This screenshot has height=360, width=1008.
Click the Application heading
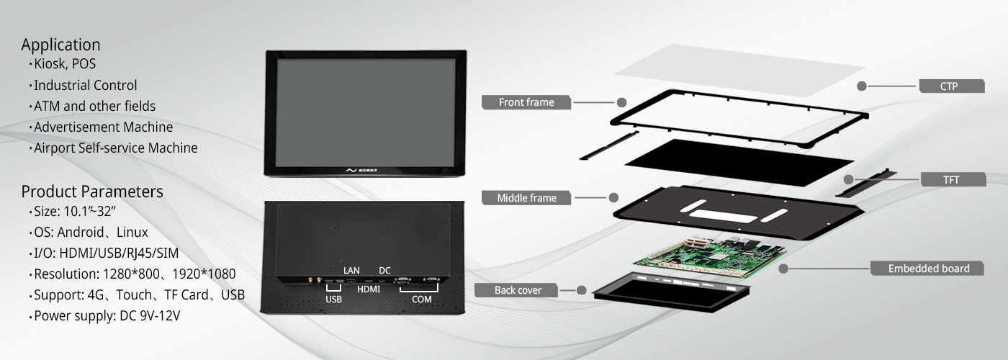pyautogui.click(x=60, y=45)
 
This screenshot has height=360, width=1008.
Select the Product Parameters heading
pyautogui.click(x=92, y=192)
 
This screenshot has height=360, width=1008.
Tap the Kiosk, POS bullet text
pyautogui.click(x=65, y=64)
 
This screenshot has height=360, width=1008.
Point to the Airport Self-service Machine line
pyautogui.click(x=116, y=148)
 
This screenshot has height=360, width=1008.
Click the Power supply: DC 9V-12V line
pyautogui.click(x=107, y=316)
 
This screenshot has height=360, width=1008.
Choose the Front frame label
pyautogui.click(x=526, y=102)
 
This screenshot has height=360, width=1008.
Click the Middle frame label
pyautogui.click(x=526, y=198)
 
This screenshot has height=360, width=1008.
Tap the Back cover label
pyautogui.click(x=518, y=290)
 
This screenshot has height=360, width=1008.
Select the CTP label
pyautogui.click(x=949, y=86)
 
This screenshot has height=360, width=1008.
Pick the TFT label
pyautogui.click(x=951, y=180)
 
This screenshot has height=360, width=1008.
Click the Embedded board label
pyautogui.click(x=929, y=269)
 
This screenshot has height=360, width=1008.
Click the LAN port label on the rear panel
pyautogui.click(x=351, y=271)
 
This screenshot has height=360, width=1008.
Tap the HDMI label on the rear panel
pyautogui.click(x=369, y=289)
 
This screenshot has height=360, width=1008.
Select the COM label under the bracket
pyautogui.click(x=422, y=300)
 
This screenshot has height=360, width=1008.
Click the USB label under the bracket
pyautogui.click(x=333, y=300)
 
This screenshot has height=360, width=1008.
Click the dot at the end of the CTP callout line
pyautogui.click(x=862, y=86)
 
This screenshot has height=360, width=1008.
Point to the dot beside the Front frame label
pyautogui.click(x=621, y=102)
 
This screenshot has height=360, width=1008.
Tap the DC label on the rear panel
pyautogui.click(x=384, y=271)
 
